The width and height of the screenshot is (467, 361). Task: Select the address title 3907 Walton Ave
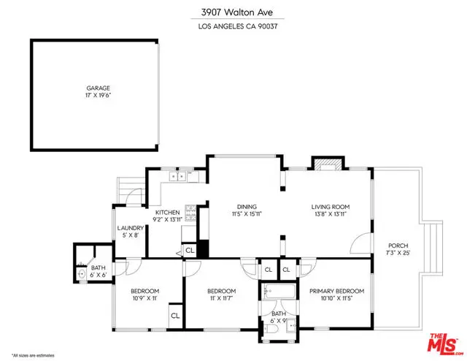(x=233, y=12)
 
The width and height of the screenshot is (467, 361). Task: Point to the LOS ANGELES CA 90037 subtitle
(x=233, y=28)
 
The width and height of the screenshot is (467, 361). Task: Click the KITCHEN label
(x=167, y=212)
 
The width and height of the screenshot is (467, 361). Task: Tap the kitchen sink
(x=178, y=176)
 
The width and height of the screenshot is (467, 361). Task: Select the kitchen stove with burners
(x=191, y=213)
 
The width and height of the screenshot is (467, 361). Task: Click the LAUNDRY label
(x=131, y=228)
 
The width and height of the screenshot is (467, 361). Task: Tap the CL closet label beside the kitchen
(x=190, y=250)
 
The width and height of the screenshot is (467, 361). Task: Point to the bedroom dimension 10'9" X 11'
(x=144, y=298)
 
